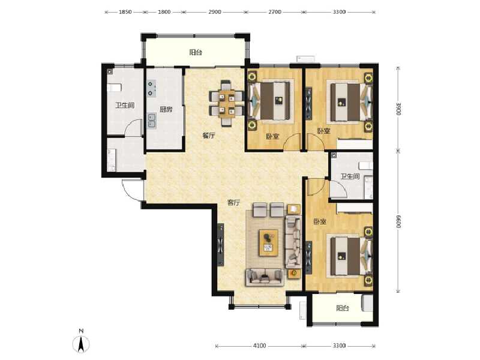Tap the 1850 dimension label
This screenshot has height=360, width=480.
(x=125, y=12)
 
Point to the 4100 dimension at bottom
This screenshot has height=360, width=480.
(x=259, y=346)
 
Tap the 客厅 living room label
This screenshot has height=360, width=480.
(x=233, y=203)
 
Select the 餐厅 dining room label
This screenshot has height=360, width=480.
(x=209, y=136)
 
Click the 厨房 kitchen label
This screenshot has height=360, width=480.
(x=166, y=110)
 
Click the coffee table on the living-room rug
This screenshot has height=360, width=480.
(x=268, y=242)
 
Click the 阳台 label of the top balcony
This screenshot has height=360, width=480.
(x=195, y=53)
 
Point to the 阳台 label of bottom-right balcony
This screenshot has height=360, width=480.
(x=342, y=308)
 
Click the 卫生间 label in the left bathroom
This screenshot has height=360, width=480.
(x=124, y=106)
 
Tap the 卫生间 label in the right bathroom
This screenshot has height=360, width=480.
(x=350, y=176)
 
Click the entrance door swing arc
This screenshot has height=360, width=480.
(x=132, y=190)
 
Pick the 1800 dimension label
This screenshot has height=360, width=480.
(x=164, y=12)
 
